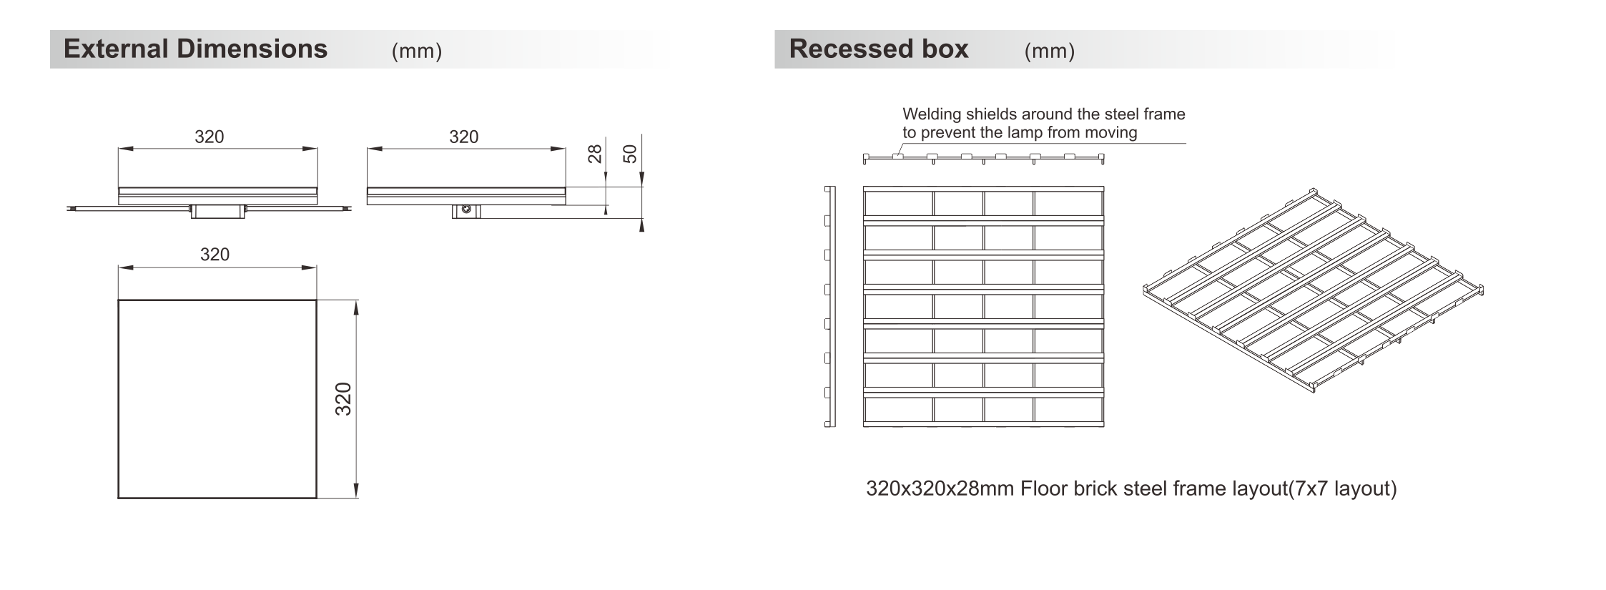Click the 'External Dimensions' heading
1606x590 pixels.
(195, 49)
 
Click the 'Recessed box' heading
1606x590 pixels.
(879, 49)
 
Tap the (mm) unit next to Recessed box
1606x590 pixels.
(1049, 51)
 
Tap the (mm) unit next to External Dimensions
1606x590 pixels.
(417, 51)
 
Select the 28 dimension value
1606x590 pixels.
(595, 154)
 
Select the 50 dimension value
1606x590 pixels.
(630, 154)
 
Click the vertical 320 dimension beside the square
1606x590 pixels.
(344, 399)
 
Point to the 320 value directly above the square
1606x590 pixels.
(215, 255)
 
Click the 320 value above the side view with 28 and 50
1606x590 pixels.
(463, 137)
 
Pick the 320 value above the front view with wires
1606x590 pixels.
(210, 137)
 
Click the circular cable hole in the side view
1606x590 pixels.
(466, 209)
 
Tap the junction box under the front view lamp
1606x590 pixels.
(217, 210)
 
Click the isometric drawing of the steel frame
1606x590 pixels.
(1314, 291)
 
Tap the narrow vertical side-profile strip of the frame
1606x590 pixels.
(829, 307)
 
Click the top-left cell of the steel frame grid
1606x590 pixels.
(898, 203)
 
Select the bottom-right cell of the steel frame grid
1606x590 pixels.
(1068, 410)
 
